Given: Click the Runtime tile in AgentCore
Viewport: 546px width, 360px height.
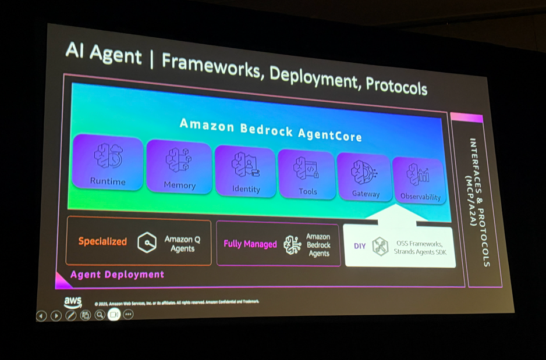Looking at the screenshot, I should coord(108,162).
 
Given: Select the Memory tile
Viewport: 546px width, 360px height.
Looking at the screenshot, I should coord(179,166).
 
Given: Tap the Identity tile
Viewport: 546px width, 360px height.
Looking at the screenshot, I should coord(245,170).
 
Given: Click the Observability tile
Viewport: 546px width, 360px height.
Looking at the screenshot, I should coord(419,181).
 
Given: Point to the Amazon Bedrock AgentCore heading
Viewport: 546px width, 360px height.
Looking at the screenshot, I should coord(271,130).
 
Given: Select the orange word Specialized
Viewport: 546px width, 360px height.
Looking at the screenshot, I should coord(102,241).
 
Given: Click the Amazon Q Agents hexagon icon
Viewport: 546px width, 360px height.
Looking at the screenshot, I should coord(147,243).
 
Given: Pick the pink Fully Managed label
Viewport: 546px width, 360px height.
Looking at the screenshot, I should coord(250,244).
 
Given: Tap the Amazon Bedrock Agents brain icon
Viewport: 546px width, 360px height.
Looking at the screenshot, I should coord(292,245).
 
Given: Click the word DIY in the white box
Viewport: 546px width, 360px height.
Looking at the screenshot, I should coord(360,246).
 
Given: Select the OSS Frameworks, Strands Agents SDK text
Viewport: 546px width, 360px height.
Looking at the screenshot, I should coord(422,247).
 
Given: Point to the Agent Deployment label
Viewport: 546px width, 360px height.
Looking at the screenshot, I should coord(118,275).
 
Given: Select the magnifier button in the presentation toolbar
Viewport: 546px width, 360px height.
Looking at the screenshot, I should coord(100,315).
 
